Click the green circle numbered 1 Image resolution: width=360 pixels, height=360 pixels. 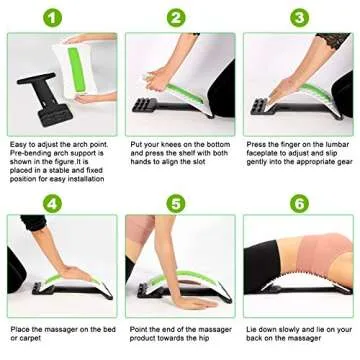(57, 17)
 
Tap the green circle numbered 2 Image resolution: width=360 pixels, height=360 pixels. (175, 17)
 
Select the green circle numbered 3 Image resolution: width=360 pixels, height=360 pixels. (297, 17)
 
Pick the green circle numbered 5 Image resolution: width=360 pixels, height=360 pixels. (175, 202)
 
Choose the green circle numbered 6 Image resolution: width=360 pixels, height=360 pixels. (297, 202)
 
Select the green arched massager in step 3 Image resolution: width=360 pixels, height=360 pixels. (300, 100)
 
